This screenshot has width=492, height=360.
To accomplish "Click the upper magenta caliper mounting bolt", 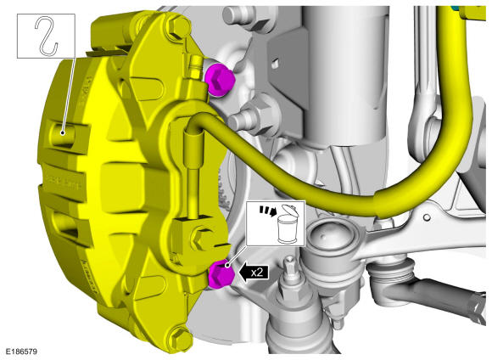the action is [220, 80].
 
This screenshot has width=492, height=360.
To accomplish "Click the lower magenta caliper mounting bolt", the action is [221, 274].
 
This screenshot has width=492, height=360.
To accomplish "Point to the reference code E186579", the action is [20, 352].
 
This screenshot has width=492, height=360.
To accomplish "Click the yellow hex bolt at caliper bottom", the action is [180, 338].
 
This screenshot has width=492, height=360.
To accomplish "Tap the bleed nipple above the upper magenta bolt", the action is [196, 66].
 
